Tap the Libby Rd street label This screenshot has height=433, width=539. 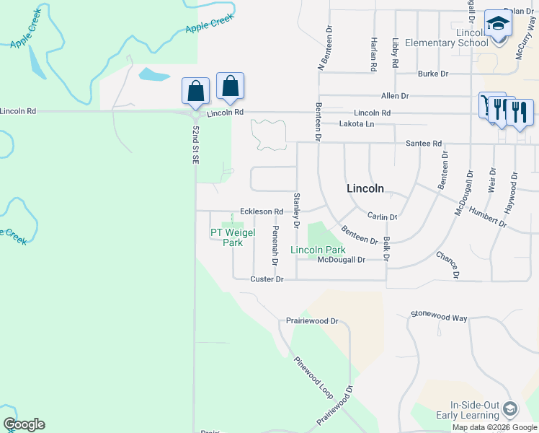[396, 53]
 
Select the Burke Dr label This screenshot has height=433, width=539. [433, 74]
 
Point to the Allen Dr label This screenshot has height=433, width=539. [395, 95]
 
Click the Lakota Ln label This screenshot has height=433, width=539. [357, 124]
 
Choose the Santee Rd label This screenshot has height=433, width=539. [423, 144]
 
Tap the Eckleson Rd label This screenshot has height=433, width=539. [262, 211]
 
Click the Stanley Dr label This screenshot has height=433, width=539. [296, 210]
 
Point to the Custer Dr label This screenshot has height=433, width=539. [267, 279]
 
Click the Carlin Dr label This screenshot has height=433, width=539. [382, 216]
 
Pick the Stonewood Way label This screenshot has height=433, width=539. [439, 315]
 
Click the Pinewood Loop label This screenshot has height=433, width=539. [313, 377]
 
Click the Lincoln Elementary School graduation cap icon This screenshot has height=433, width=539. [498, 23]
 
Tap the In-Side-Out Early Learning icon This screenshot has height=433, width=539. [510, 409]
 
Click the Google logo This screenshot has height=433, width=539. [24, 424]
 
